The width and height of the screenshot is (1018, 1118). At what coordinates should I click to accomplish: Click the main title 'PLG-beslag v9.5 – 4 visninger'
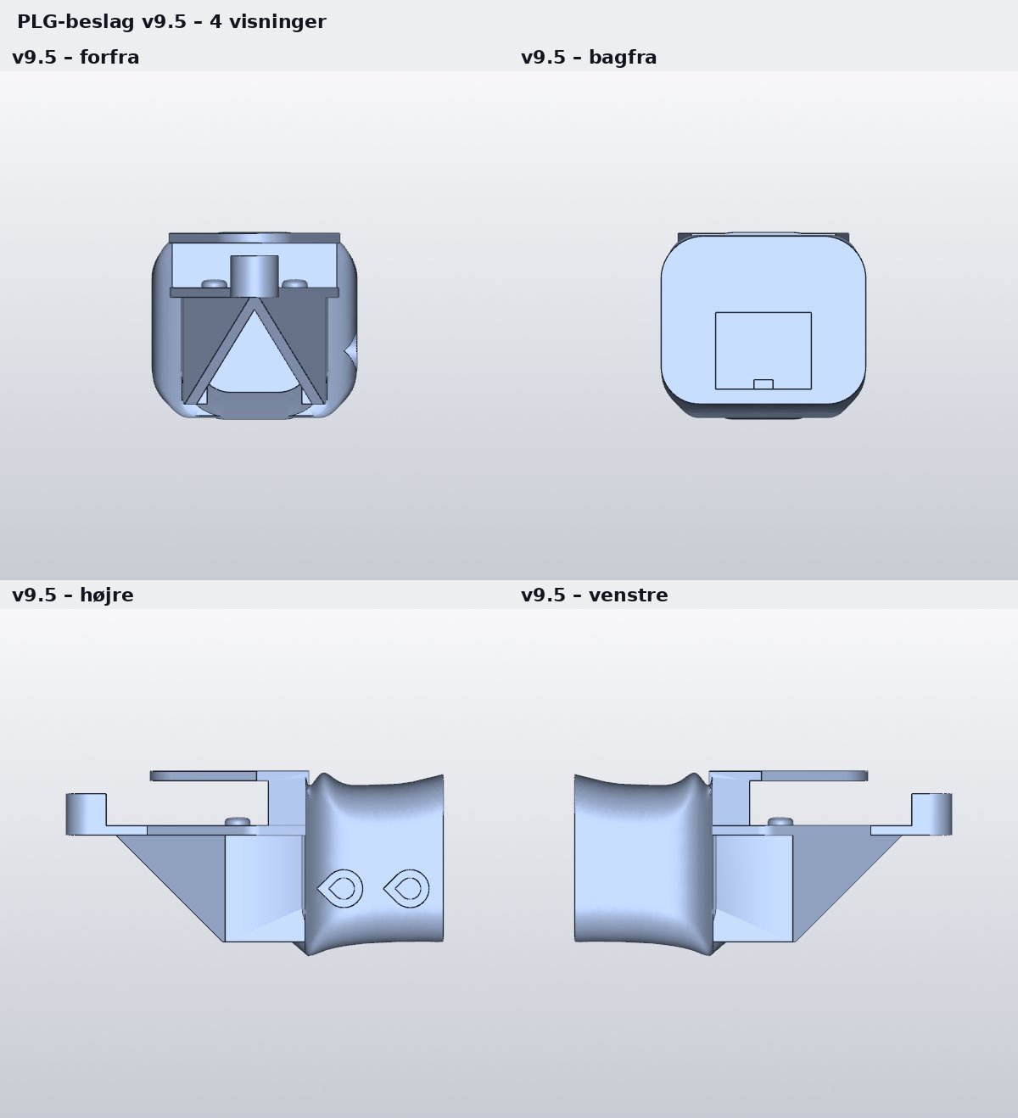171,22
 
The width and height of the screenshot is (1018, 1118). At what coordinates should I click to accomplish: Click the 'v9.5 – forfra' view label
76,58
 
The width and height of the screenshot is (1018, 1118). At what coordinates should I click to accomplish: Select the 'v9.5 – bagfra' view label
589,58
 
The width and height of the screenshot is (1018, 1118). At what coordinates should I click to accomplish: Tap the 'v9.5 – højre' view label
73,595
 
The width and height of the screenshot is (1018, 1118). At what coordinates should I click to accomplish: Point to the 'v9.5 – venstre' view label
595,595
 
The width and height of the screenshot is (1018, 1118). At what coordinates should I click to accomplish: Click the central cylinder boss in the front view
255,276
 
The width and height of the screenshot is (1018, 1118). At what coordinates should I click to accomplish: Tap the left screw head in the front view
215,283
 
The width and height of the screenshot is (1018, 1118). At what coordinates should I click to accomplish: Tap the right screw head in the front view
294,283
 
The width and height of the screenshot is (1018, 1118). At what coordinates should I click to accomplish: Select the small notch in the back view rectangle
763,384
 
